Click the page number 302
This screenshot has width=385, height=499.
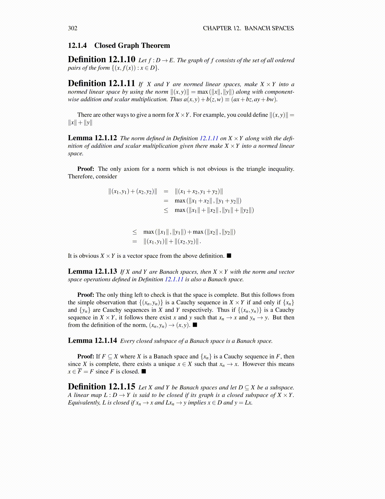point(73,28)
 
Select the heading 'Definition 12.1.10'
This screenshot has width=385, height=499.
point(102,60)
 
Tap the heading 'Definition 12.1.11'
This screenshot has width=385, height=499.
point(102,83)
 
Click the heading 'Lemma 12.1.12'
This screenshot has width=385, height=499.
point(92,138)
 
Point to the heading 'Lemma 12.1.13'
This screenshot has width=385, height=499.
point(92,272)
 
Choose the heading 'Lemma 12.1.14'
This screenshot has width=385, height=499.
point(92,341)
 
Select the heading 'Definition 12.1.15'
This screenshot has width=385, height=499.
point(102,387)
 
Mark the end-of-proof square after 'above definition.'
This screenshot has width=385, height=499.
point(229,255)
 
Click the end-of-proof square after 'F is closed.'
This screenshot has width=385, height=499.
point(144,371)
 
